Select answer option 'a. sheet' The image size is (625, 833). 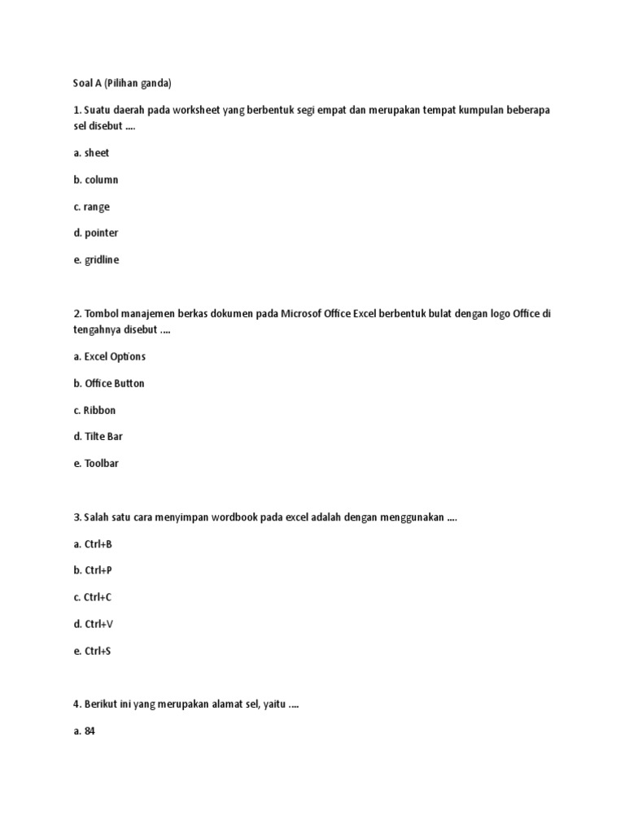pyautogui.click(x=91, y=153)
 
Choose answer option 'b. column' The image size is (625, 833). pyautogui.click(x=95, y=180)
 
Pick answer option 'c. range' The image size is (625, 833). pyautogui.click(x=91, y=207)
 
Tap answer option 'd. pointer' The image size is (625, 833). pyautogui.click(x=95, y=233)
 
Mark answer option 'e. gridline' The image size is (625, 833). pyautogui.click(x=96, y=259)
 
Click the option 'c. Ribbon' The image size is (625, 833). pyautogui.click(x=94, y=410)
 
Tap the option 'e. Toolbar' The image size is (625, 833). pyautogui.click(x=96, y=463)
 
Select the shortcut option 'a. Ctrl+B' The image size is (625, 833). pyautogui.click(x=92, y=543)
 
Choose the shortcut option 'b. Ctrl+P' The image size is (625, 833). pyautogui.click(x=92, y=570)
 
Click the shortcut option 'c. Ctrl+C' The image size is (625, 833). pyautogui.click(x=92, y=597)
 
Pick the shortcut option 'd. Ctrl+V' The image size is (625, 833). pyautogui.click(x=92, y=624)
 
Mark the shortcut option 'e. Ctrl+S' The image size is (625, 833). pyautogui.click(x=92, y=651)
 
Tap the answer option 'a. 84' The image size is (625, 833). pyautogui.click(x=85, y=731)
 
